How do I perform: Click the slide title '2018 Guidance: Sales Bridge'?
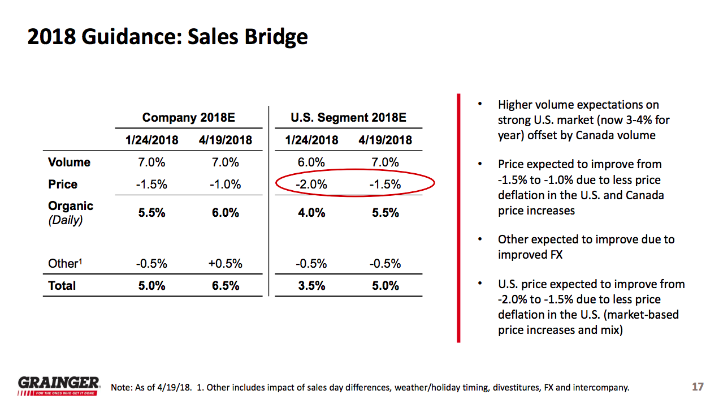pos(168,37)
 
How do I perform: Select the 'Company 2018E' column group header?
pos(188,118)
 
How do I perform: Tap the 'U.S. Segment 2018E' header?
pos(348,118)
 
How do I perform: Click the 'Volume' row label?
pos(69,162)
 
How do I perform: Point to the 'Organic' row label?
pos(71,206)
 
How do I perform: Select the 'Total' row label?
pos(62,286)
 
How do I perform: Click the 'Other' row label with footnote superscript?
pos(64,264)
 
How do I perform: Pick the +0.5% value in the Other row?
pos(225,264)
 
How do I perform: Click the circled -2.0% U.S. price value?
pos(311,185)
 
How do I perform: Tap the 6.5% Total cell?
pos(225,286)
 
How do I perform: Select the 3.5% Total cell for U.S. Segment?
pos(311,286)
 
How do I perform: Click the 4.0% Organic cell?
pos(311,213)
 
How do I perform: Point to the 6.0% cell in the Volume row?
pos(311,162)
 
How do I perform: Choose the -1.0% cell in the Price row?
pos(225,185)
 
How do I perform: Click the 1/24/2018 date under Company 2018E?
pos(151,140)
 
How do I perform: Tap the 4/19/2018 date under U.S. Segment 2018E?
pos(385,140)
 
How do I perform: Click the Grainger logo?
pos(59,385)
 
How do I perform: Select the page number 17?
pos(698,387)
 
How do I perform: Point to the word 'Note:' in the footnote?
pos(122,388)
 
